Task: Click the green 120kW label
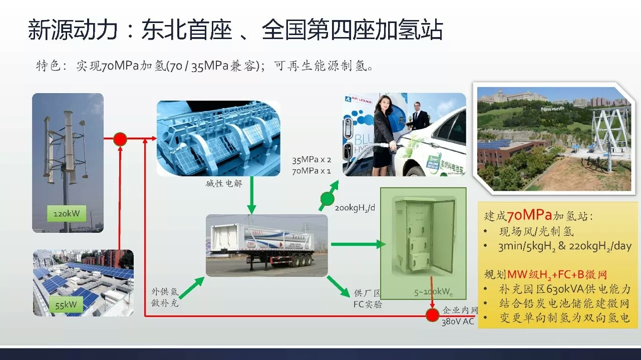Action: point(67,213)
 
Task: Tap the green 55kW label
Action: point(66,304)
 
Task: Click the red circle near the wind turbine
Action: point(120,139)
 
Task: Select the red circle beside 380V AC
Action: point(432,315)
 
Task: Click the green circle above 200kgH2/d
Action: point(327,198)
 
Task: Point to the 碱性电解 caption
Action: point(224,183)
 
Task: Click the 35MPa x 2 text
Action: point(311,160)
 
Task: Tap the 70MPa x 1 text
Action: point(311,171)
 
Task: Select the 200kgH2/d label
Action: point(355,208)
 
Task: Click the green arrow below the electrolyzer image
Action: point(251,195)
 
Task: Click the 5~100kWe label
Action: point(433,292)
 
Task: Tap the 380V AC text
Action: point(458,322)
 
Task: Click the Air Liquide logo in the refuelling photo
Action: point(359,101)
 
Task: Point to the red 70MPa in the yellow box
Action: point(529,215)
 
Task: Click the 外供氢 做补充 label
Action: point(165,297)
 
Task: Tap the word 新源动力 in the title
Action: point(73,30)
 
